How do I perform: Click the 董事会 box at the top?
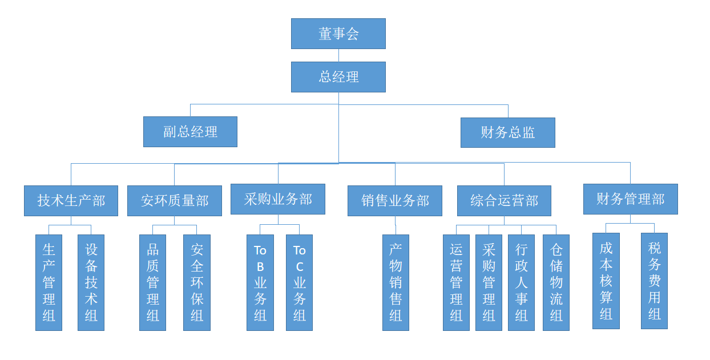338,34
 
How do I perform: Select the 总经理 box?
338,77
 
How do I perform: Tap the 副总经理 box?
190,132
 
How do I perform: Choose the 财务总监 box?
507,132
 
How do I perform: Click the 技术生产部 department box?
71,201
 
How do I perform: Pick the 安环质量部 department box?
174,201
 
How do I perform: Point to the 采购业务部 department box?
277,199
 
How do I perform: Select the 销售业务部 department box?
394,201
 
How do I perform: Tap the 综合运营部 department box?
504,201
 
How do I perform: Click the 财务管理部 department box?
630,199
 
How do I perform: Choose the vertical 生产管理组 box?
49,282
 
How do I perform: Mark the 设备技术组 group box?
91,282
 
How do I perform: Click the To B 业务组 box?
260,282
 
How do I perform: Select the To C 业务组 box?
299,282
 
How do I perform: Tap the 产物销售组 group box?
396,282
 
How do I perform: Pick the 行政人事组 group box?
521,282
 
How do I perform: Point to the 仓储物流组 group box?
556,282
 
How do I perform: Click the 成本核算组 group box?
606,281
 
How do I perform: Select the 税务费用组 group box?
654,281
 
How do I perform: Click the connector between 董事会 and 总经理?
338,55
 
